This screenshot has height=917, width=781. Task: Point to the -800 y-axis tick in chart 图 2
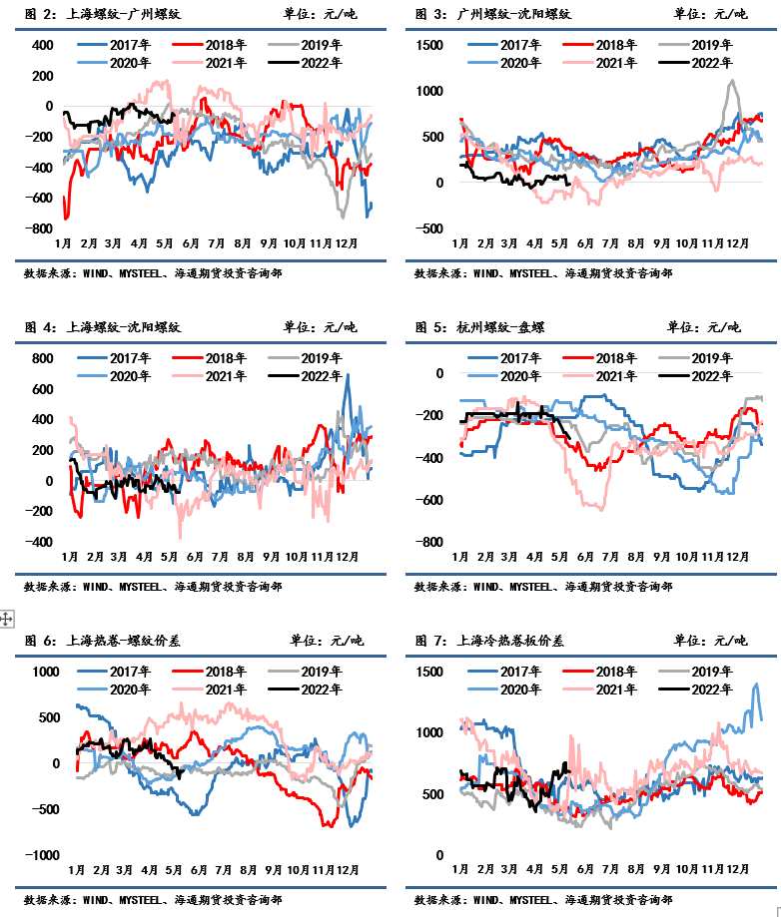click(x=39, y=229)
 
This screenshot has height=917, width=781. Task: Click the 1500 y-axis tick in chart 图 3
click(x=429, y=46)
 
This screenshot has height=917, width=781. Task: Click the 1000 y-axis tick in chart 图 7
click(x=429, y=732)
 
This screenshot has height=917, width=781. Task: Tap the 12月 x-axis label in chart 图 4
click(x=347, y=557)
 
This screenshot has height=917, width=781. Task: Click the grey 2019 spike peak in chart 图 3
click(x=731, y=82)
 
